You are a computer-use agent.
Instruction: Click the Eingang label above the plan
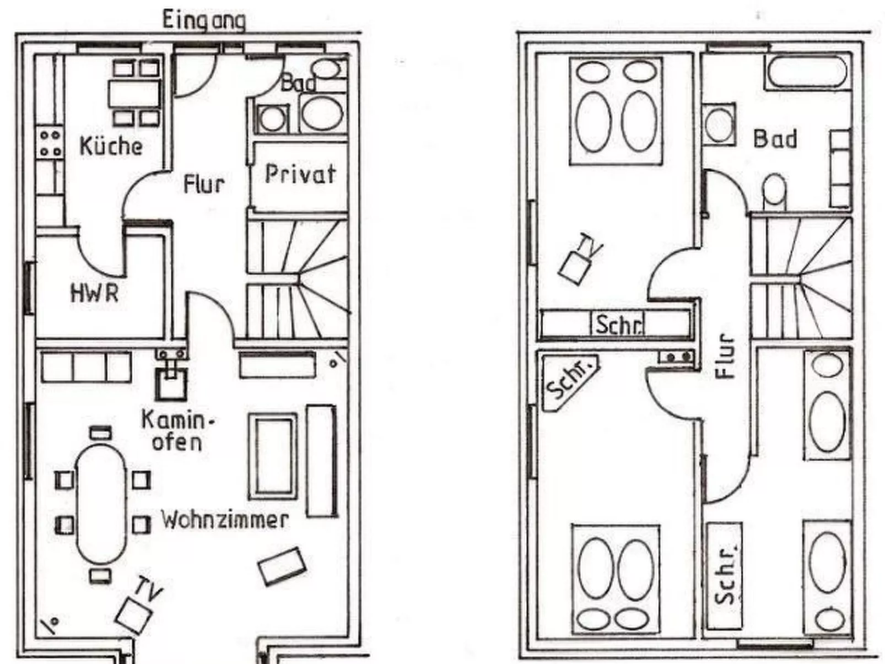203,20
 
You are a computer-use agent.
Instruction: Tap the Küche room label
111,146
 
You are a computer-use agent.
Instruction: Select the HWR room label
94,293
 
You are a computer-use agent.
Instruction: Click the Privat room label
300,174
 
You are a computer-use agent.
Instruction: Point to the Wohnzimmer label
224,520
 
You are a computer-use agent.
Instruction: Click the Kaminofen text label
177,431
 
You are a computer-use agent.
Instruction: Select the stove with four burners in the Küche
50,143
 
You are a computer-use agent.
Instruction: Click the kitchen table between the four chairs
135,94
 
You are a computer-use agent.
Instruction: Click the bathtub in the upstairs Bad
807,72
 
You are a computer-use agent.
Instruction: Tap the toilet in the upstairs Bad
775,191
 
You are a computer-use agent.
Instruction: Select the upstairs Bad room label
775,139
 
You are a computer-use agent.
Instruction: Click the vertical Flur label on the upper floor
726,357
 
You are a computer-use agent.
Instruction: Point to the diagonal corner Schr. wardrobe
570,381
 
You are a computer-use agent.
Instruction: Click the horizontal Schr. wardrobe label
618,325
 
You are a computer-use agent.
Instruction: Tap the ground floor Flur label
203,184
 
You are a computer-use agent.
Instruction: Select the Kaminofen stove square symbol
171,384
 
